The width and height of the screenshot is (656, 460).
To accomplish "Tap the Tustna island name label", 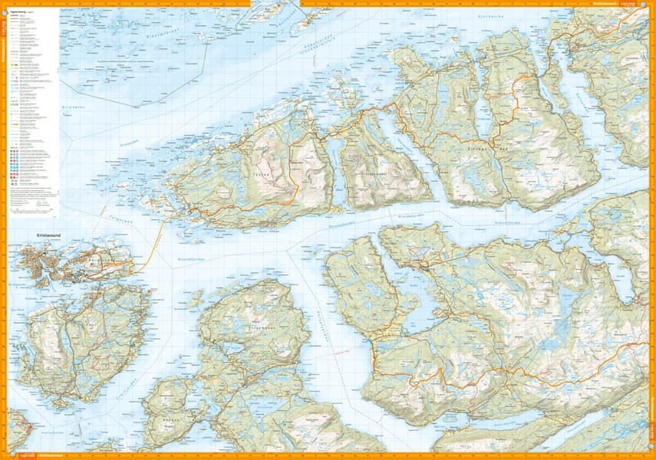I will tap(261, 175).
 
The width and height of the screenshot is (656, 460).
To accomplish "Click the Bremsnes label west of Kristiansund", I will tap(17, 273).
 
